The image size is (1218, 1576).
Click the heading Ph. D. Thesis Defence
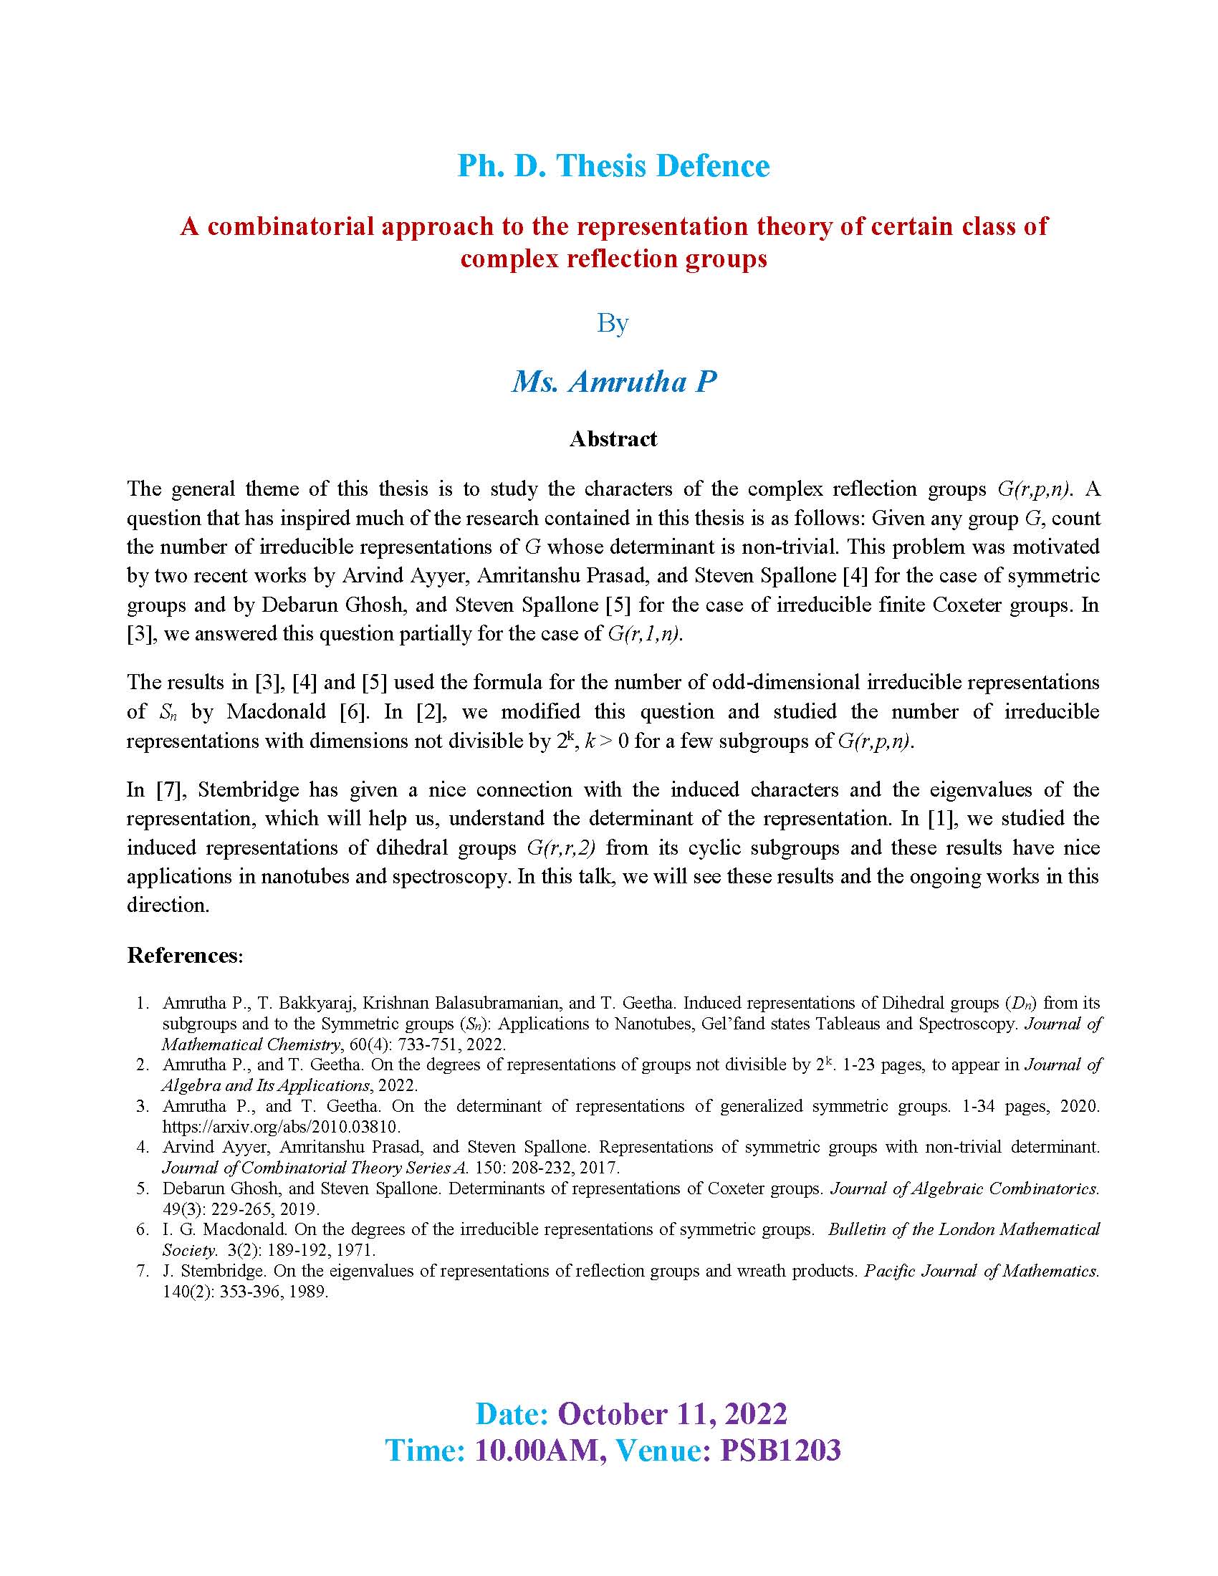point(613,166)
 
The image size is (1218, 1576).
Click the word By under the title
point(613,322)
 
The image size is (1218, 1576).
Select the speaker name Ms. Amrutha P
point(614,382)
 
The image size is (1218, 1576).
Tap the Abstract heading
point(613,438)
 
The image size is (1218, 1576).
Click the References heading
point(185,956)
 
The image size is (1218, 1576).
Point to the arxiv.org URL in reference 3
point(282,1125)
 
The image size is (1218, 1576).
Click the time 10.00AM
point(540,1450)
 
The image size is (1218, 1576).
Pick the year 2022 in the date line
point(755,1413)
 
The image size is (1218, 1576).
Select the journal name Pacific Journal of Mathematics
point(982,1271)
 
